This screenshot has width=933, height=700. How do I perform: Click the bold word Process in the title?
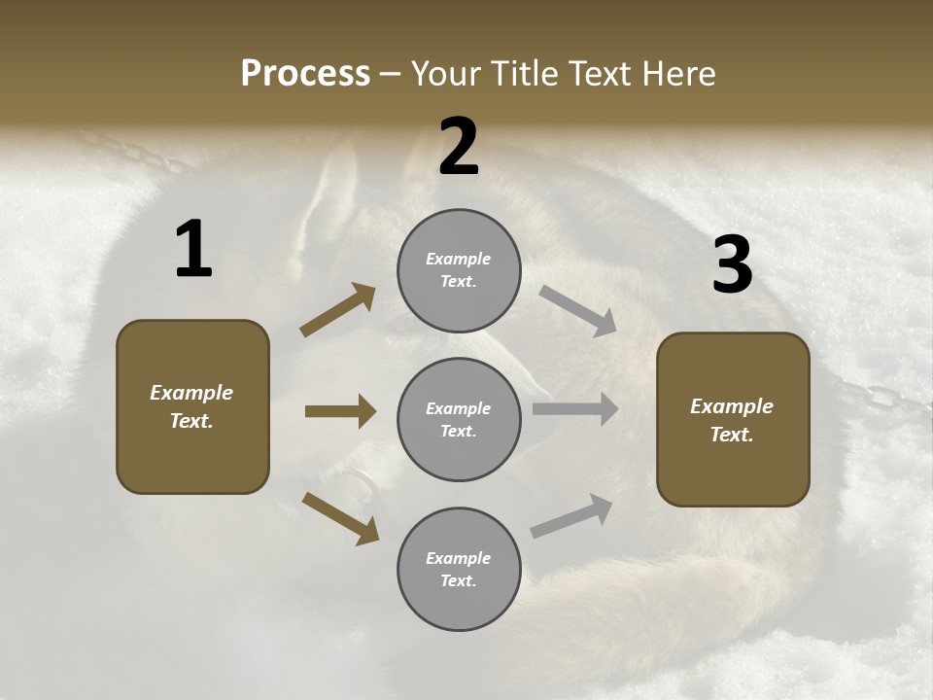point(305,74)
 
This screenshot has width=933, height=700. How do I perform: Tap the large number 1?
point(193,250)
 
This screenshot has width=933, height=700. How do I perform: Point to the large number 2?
point(459,148)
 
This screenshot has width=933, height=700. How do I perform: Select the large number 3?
point(732,265)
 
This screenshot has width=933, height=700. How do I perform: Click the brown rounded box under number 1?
point(192,406)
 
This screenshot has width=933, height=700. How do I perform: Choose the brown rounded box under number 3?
point(733,419)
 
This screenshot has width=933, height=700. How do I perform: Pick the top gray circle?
point(459,270)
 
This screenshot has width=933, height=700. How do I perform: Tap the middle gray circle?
point(459,419)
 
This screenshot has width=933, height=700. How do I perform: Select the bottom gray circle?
point(459,569)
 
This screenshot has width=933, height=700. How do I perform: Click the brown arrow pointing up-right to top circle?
point(337,310)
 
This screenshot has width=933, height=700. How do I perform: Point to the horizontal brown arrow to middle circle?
point(340,411)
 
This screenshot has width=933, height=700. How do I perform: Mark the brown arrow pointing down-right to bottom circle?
point(340,518)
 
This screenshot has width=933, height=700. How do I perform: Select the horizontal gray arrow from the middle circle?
point(575,409)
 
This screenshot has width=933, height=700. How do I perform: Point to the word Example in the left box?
point(191,393)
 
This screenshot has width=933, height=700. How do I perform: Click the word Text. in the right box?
point(732,435)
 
